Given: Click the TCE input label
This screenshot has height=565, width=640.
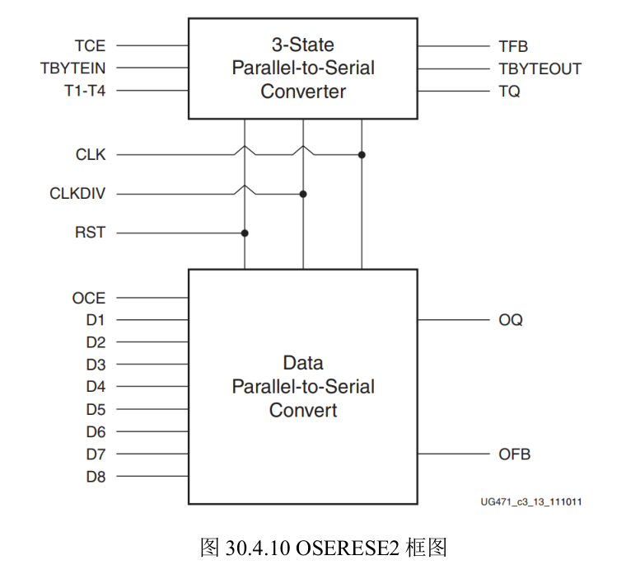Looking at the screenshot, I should (x=90, y=46).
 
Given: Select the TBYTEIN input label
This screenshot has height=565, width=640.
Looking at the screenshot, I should (x=72, y=68).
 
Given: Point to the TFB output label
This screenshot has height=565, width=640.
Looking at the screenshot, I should (x=513, y=46).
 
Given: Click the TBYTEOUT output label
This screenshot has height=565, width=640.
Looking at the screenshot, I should (x=540, y=68).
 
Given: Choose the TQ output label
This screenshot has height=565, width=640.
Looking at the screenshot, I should (x=509, y=91).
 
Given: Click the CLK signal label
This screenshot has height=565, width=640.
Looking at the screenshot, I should (x=90, y=154).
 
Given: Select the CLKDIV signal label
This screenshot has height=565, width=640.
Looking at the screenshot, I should (x=77, y=194).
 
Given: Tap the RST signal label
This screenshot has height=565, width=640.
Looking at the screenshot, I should (x=90, y=233).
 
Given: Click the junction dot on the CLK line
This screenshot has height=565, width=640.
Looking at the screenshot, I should (x=362, y=154).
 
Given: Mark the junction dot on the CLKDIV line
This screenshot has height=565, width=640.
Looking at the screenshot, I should (x=303, y=194).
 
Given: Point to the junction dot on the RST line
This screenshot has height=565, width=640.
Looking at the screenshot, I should (x=245, y=233).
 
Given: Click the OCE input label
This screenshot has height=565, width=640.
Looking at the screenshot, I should (x=89, y=298).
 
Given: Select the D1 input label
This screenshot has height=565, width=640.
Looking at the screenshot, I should (x=96, y=320).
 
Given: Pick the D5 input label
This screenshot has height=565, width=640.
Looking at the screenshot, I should (x=96, y=409).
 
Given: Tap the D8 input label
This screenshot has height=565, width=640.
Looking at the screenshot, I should (x=96, y=476).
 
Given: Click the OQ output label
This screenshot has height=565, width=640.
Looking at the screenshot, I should (x=511, y=320).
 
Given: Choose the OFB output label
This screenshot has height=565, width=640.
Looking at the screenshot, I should (x=514, y=454).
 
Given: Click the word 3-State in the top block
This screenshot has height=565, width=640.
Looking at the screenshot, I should (x=302, y=45).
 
